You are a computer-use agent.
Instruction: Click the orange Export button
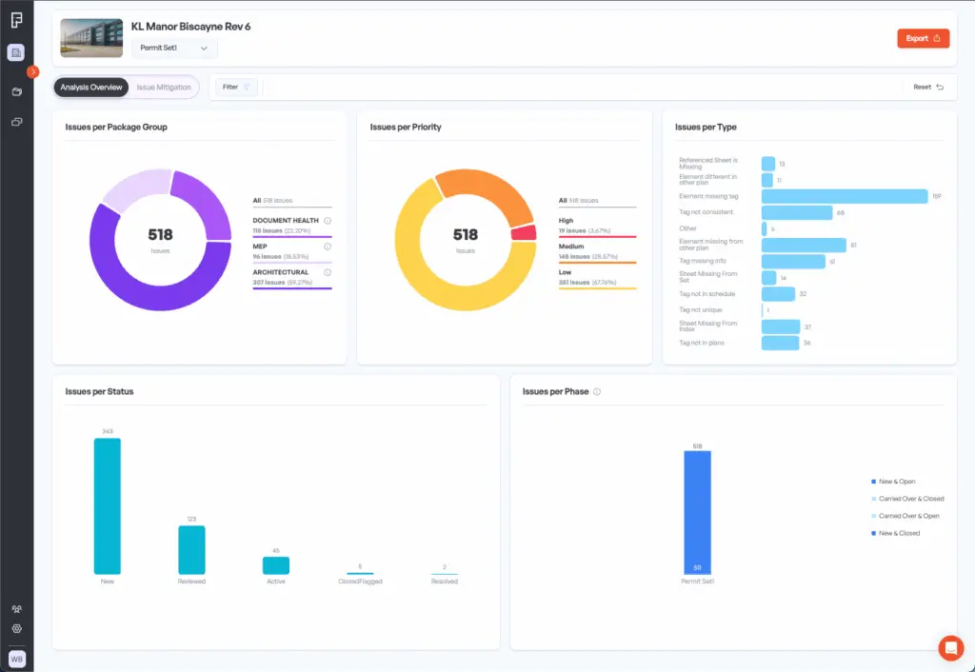pos(922,38)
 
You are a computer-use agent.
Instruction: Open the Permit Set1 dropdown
pos(173,48)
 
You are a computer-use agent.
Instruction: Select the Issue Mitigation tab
pos(163,88)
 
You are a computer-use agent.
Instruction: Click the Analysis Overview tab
pos(91,88)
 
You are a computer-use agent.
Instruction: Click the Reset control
pos(927,88)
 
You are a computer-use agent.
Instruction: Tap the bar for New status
pos(107,505)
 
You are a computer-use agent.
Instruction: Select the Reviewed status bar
pos(191,549)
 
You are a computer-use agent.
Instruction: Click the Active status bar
pos(276,565)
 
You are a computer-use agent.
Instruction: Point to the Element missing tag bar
pos(845,196)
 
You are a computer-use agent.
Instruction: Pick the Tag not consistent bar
pos(796,212)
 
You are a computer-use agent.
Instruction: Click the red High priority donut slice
pos(524,233)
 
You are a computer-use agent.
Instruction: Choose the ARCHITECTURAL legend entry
pos(281,272)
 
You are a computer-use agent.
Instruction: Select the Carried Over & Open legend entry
pos(909,516)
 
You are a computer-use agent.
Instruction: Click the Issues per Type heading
pos(706,128)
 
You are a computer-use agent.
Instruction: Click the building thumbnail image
pos(91,38)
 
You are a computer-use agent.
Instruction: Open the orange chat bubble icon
pos(950,647)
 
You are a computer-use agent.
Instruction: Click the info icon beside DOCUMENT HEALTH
pos(328,220)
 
